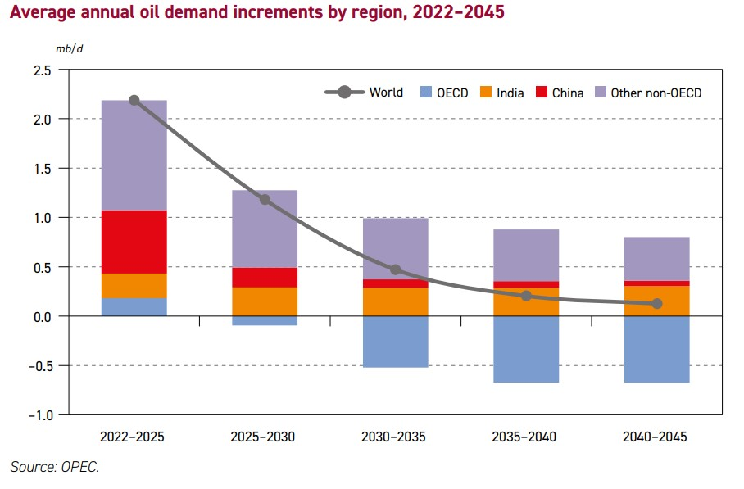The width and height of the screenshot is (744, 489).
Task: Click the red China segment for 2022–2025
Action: pyautogui.click(x=134, y=242)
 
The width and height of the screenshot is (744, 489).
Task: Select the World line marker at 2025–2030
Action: pyautogui.click(x=265, y=199)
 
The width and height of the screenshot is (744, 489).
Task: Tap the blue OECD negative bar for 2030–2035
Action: pyautogui.click(x=395, y=341)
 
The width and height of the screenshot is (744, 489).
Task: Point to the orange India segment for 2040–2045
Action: pyautogui.click(x=656, y=301)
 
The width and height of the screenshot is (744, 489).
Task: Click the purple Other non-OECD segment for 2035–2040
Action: pyautogui.click(x=526, y=255)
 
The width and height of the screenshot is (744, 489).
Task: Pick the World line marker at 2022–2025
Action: pyautogui.click(x=134, y=101)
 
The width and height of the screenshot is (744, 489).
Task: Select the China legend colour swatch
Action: pyautogui.click(x=541, y=93)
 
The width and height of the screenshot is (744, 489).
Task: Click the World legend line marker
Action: pyautogui.click(x=344, y=93)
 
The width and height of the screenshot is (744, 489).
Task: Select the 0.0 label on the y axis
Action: pyautogui.click(x=43, y=316)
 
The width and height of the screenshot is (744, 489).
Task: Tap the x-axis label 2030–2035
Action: pyautogui.click(x=395, y=437)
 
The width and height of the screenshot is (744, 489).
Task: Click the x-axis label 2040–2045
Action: pyautogui.click(x=656, y=437)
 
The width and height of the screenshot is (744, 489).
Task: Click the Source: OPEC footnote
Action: pyautogui.click(x=54, y=467)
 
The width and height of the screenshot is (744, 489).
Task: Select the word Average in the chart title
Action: pyautogui.click(x=42, y=14)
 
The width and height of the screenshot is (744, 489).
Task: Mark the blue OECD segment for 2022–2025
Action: pyautogui.click(x=134, y=306)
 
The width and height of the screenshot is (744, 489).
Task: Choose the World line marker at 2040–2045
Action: pyautogui.click(x=656, y=303)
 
